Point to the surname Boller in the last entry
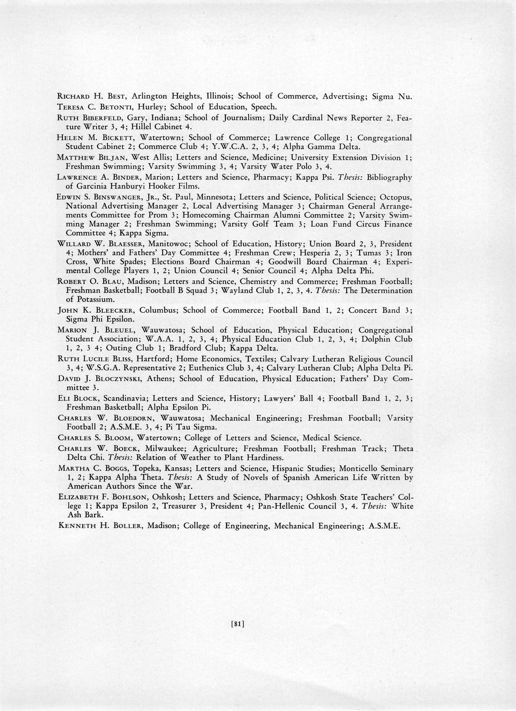[126, 526]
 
